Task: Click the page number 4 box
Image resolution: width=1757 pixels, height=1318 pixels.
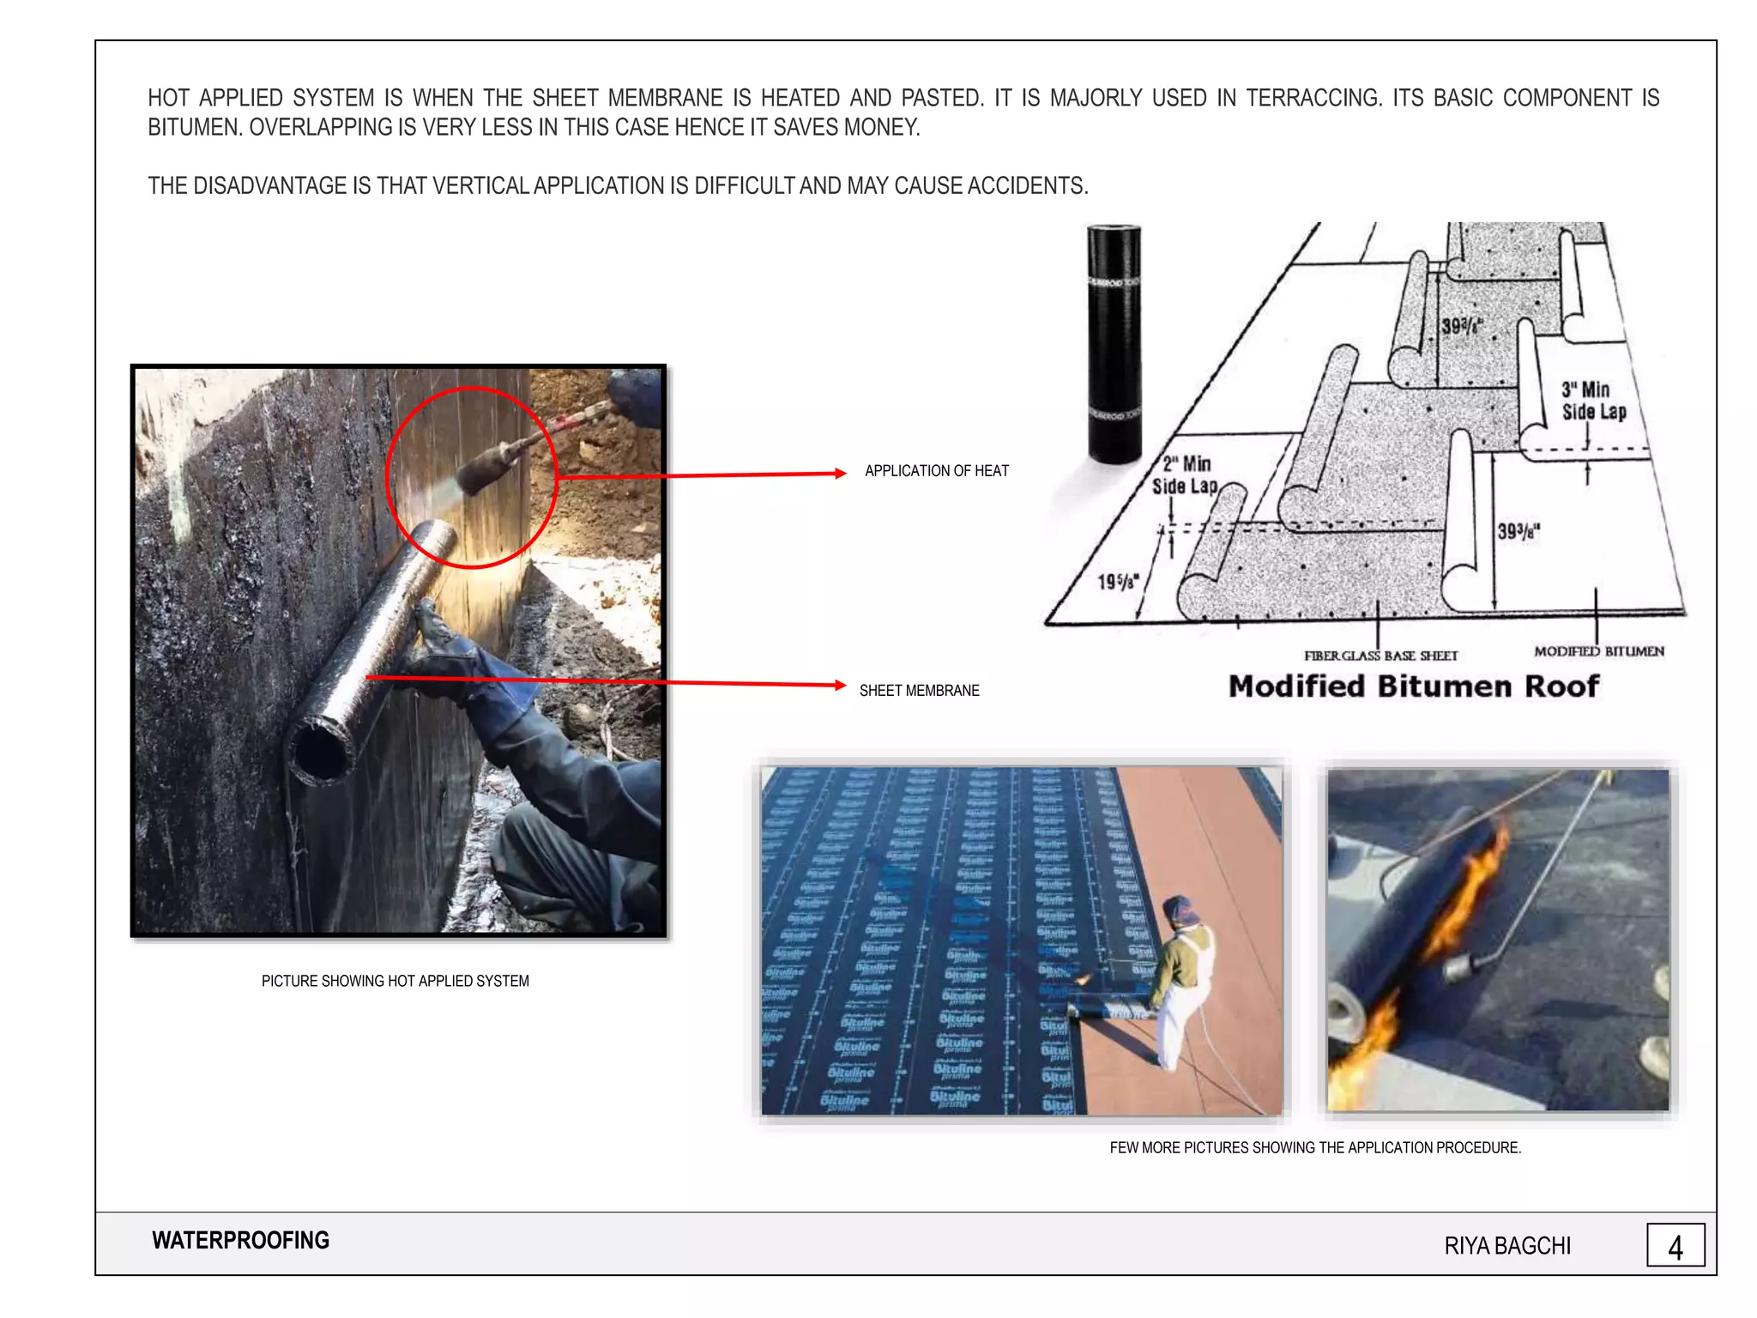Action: pos(1675,1245)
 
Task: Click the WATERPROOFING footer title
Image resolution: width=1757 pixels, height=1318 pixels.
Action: pos(240,1241)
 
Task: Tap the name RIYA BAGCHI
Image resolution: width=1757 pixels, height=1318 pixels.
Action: pos(1506,1246)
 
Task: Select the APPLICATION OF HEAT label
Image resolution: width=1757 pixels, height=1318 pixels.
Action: pos(936,471)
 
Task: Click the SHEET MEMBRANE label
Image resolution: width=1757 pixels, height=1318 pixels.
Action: pos(919,691)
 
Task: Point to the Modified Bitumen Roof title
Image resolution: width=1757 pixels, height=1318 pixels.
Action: pos(1413,686)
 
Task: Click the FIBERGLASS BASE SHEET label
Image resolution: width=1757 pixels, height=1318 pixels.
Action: pos(1380,656)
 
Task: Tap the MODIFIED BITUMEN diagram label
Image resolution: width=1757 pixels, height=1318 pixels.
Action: pos(1598,651)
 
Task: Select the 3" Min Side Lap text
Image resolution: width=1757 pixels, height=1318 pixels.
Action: pos(1593,401)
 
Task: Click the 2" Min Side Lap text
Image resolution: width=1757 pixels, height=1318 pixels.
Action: pos(1185,475)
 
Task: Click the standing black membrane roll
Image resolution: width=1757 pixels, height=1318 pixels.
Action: pos(1114,343)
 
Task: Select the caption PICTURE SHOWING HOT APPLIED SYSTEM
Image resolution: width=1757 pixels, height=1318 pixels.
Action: pos(395,981)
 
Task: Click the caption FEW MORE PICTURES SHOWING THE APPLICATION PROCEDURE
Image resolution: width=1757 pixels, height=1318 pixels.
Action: pos(1314,1147)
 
